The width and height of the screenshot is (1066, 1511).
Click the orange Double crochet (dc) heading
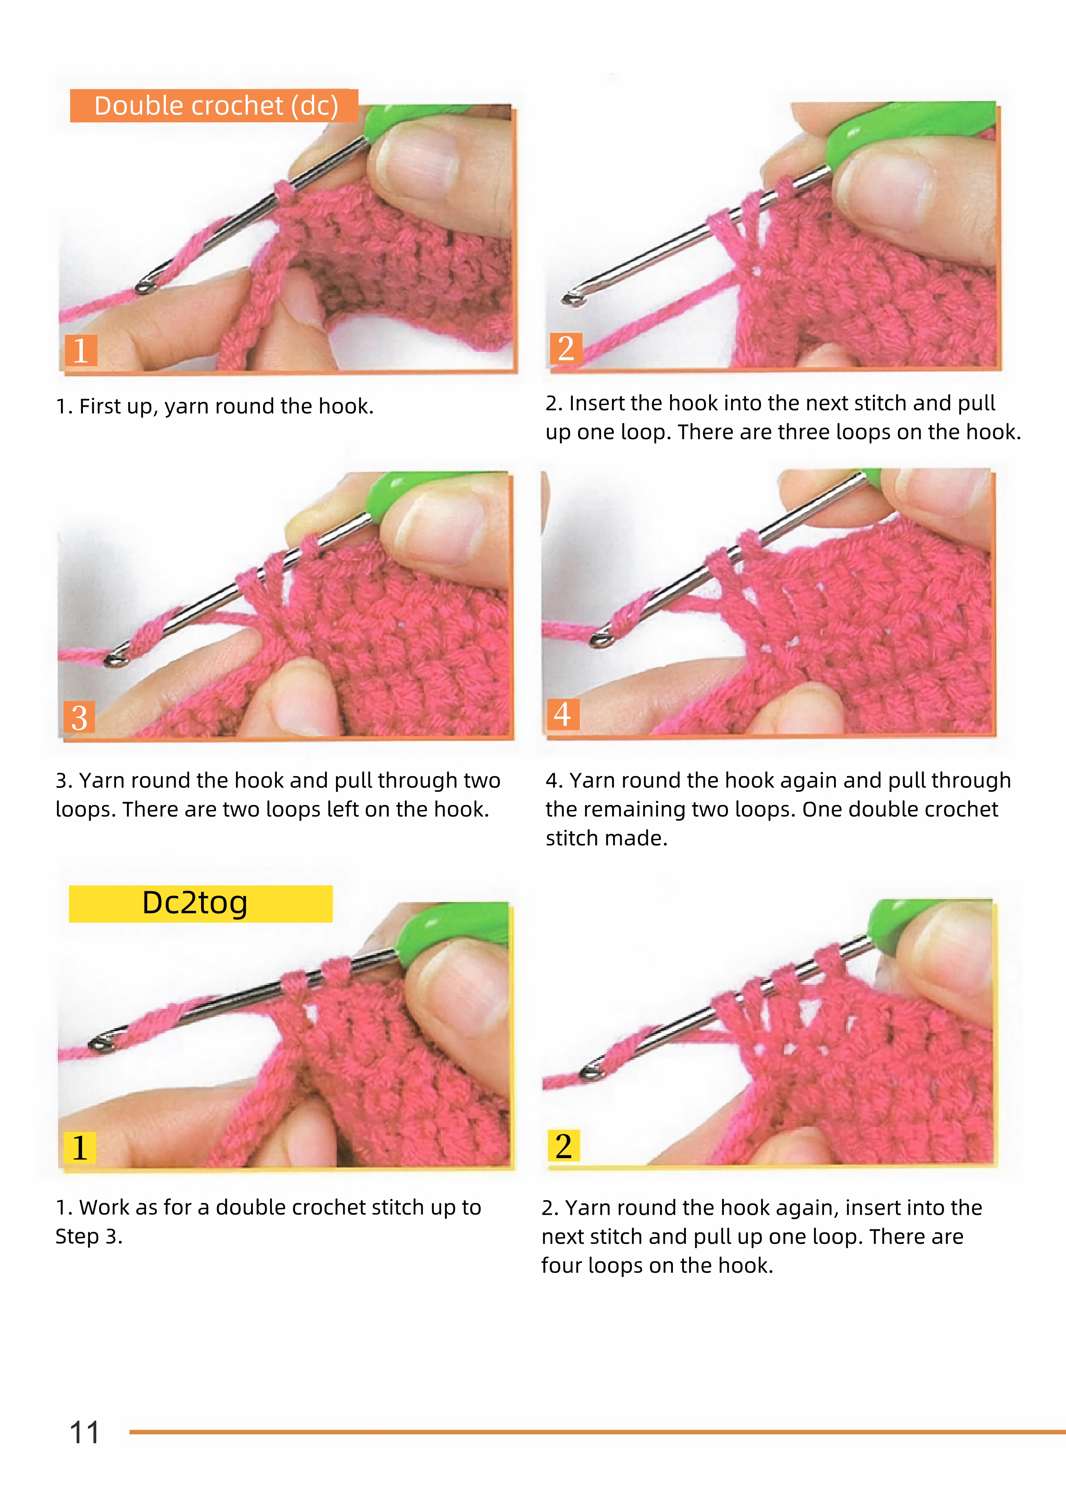(215, 105)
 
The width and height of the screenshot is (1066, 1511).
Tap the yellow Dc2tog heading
(201, 904)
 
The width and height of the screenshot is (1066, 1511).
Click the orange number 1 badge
(81, 350)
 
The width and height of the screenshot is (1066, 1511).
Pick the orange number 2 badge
(566, 348)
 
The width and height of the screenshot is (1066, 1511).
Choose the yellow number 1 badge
(80, 1148)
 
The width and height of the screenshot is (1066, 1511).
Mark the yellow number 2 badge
(564, 1146)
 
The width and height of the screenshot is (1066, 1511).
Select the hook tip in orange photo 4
(600, 639)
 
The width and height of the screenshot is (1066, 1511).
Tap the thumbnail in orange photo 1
(421, 161)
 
